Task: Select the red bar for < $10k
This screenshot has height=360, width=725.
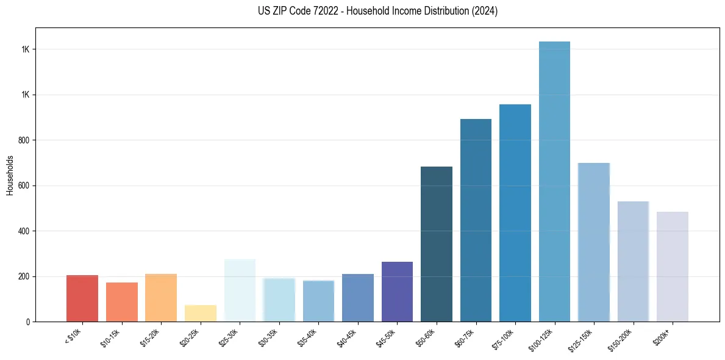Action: click(x=82, y=298)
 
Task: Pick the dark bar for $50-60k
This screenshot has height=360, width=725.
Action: click(x=437, y=244)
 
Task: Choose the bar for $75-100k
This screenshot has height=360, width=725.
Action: click(x=515, y=213)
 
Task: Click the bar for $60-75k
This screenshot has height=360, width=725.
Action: click(x=476, y=220)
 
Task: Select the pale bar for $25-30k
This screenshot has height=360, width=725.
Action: click(x=240, y=290)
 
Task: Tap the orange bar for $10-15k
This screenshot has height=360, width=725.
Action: click(x=122, y=302)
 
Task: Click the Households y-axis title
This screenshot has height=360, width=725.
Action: click(x=10, y=175)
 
